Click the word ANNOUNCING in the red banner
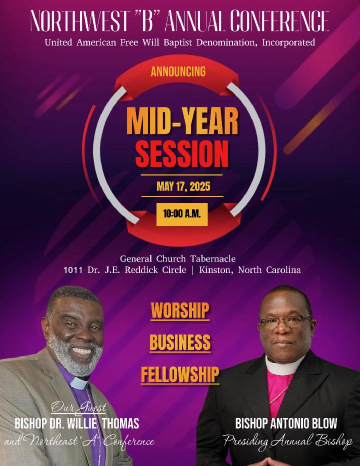pyautogui.click(x=178, y=71)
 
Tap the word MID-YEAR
pyautogui.click(x=182, y=121)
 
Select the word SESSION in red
pyautogui.click(x=182, y=154)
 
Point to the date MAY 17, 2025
pyautogui.click(x=183, y=186)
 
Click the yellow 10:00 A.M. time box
pyautogui.click(x=182, y=214)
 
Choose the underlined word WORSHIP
pyautogui.click(x=180, y=310)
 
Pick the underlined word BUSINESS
pyautogui.click(x=180, y=342)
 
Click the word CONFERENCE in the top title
pyautogui.click(x=279, y=21)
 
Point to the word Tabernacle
pyautogui.click(x=213, y=259)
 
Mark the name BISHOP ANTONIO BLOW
pyautogui.click(x=286, y=423)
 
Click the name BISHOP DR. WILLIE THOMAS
pyautogui.click(x=77, y=423)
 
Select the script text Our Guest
pyautogui.click(x=78, y=408)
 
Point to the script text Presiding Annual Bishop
pyautogui.click(x=288, y=441)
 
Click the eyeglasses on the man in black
pyautogui.click(x=285, y=322)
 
